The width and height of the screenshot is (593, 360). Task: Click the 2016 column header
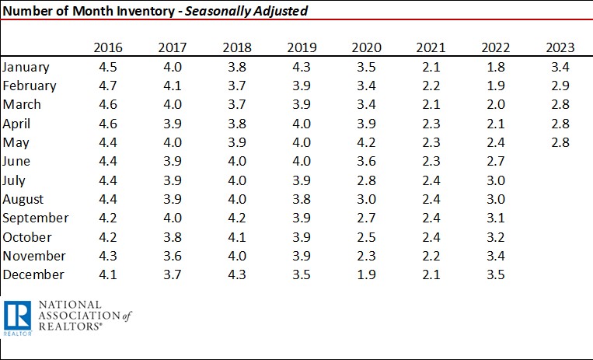[x=107, y=48]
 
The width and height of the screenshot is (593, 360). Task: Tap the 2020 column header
[x=366, y=48]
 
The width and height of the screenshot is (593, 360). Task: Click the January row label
[x=27, y=67]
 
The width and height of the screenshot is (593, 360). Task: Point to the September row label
[x=36, y=218]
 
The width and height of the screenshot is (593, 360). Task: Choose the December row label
[x=33, y=274]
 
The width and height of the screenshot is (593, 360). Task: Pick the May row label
[x=16, y=142]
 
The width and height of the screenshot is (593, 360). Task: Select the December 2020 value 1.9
[x=366, y=274]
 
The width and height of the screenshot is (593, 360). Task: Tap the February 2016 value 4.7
[x=107, y=86]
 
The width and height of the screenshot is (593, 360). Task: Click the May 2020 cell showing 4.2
[x=366, y=142]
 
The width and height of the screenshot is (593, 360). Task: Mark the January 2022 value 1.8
[x=495, y=67]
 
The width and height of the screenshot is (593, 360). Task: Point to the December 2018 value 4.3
[x=236, y=274]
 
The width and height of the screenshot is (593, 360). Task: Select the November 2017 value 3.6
[x=172, y=256]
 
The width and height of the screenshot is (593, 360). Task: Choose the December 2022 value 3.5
[x=495, y=274]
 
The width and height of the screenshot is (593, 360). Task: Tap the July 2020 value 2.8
[x=366, y=180]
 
